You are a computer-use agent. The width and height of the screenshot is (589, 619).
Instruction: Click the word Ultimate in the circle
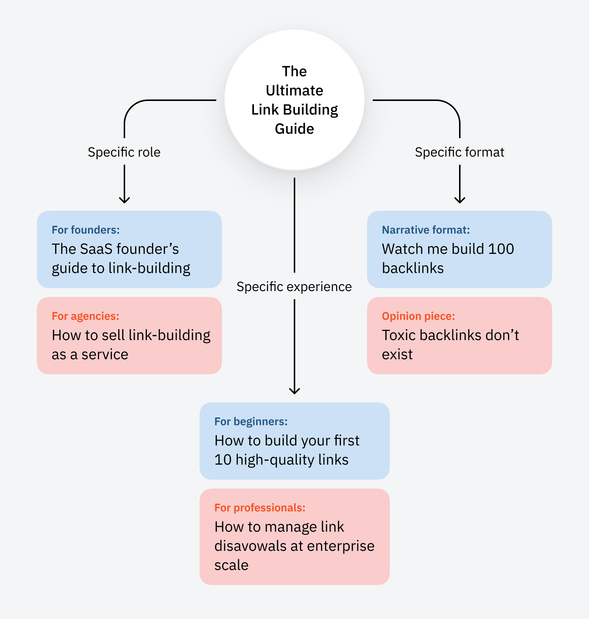[294, 91]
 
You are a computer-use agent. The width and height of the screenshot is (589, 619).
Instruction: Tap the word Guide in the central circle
[294, 129]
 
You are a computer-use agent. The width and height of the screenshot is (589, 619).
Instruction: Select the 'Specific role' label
[124, 152]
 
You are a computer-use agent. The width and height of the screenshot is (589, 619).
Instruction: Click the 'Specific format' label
[459, 152]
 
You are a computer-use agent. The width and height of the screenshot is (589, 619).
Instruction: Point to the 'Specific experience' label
[294, 287]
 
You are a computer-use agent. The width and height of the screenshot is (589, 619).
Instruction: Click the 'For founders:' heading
[85, 230]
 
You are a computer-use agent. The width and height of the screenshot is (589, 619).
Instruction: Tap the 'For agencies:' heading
[85, 316]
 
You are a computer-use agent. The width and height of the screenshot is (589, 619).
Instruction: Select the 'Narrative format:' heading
[426, 230]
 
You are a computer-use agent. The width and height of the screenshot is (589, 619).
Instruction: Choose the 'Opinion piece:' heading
[418, 316]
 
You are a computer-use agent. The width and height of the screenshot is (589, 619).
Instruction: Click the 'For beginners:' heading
[251, 422]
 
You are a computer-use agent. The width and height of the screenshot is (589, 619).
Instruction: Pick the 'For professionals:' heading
[260, 508]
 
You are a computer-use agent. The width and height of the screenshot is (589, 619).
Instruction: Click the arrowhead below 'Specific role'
[124, 200]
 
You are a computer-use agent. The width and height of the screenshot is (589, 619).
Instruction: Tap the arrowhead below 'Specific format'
[460, 200]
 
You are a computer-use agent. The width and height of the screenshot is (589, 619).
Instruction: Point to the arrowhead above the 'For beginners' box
[294, 391]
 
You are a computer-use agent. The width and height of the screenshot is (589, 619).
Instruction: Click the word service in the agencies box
[105, 354]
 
